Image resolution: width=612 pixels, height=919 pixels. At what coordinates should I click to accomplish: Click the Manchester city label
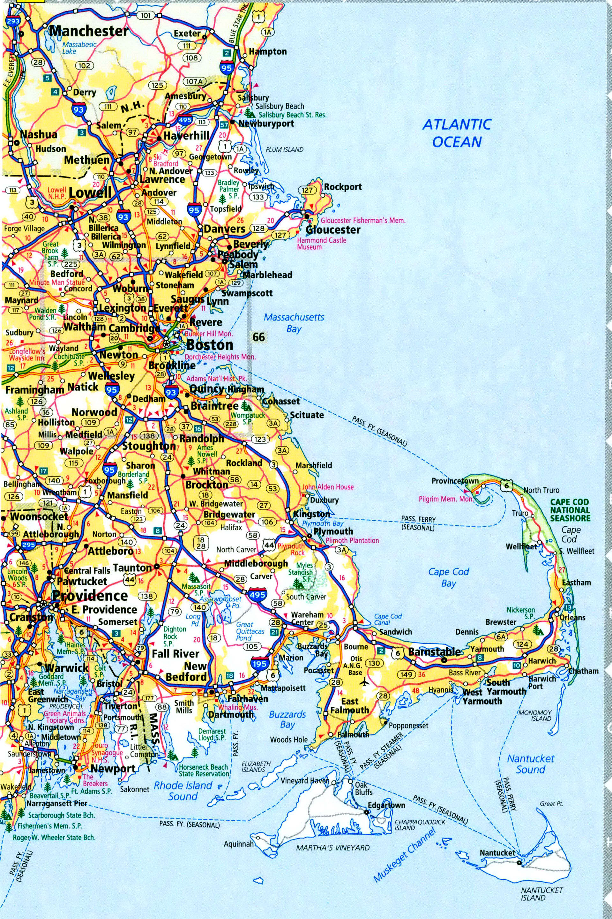click(x=89, y=31)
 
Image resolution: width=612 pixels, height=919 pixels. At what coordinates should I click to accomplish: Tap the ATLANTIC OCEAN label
click(x=457, y=133)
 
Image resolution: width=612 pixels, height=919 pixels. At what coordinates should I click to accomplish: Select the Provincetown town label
click(x=454, y=481)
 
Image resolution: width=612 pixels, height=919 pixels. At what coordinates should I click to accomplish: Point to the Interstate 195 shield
click(x=259, y=664)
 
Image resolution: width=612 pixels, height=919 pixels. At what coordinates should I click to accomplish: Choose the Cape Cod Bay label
click(x=448, y=577)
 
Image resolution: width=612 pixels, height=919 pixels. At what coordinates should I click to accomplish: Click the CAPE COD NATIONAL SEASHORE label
click(x=570, y=510)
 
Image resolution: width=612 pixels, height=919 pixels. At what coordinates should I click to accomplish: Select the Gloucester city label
click(x=333, y=230)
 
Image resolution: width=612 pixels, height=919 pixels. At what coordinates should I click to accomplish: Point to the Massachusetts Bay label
click(x=294, y=323)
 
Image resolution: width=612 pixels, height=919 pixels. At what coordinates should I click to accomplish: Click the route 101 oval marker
click(x=145, y=16)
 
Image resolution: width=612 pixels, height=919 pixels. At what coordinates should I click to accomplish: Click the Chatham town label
click(x=583, y=671)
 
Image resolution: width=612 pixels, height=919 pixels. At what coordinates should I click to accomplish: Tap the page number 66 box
click(x=258, y=337)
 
